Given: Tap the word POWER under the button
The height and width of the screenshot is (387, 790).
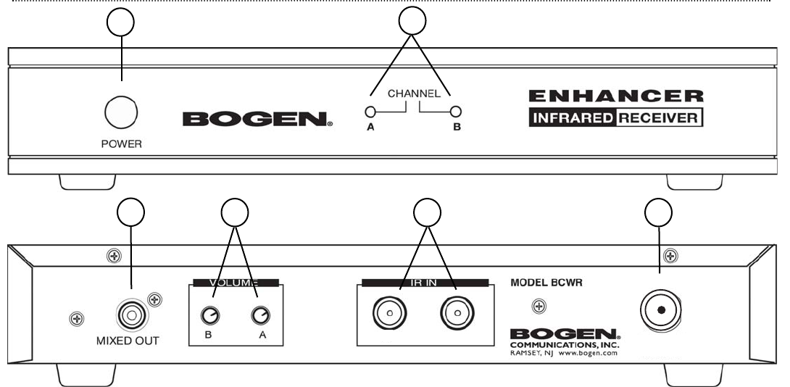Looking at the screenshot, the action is point(121,143).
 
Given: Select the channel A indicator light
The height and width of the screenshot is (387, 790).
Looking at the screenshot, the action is point(370,112).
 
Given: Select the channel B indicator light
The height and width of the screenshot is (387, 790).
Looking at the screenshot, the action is point(456,112).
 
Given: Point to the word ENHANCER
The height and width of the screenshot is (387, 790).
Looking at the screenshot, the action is point(616,96).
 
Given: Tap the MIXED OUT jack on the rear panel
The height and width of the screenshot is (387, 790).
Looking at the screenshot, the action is point(130,314).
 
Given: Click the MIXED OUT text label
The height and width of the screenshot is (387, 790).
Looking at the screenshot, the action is point(128,341).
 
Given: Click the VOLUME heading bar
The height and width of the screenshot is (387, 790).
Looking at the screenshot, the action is point(234,283).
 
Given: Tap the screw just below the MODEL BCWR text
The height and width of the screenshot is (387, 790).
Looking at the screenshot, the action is point(539,307).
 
